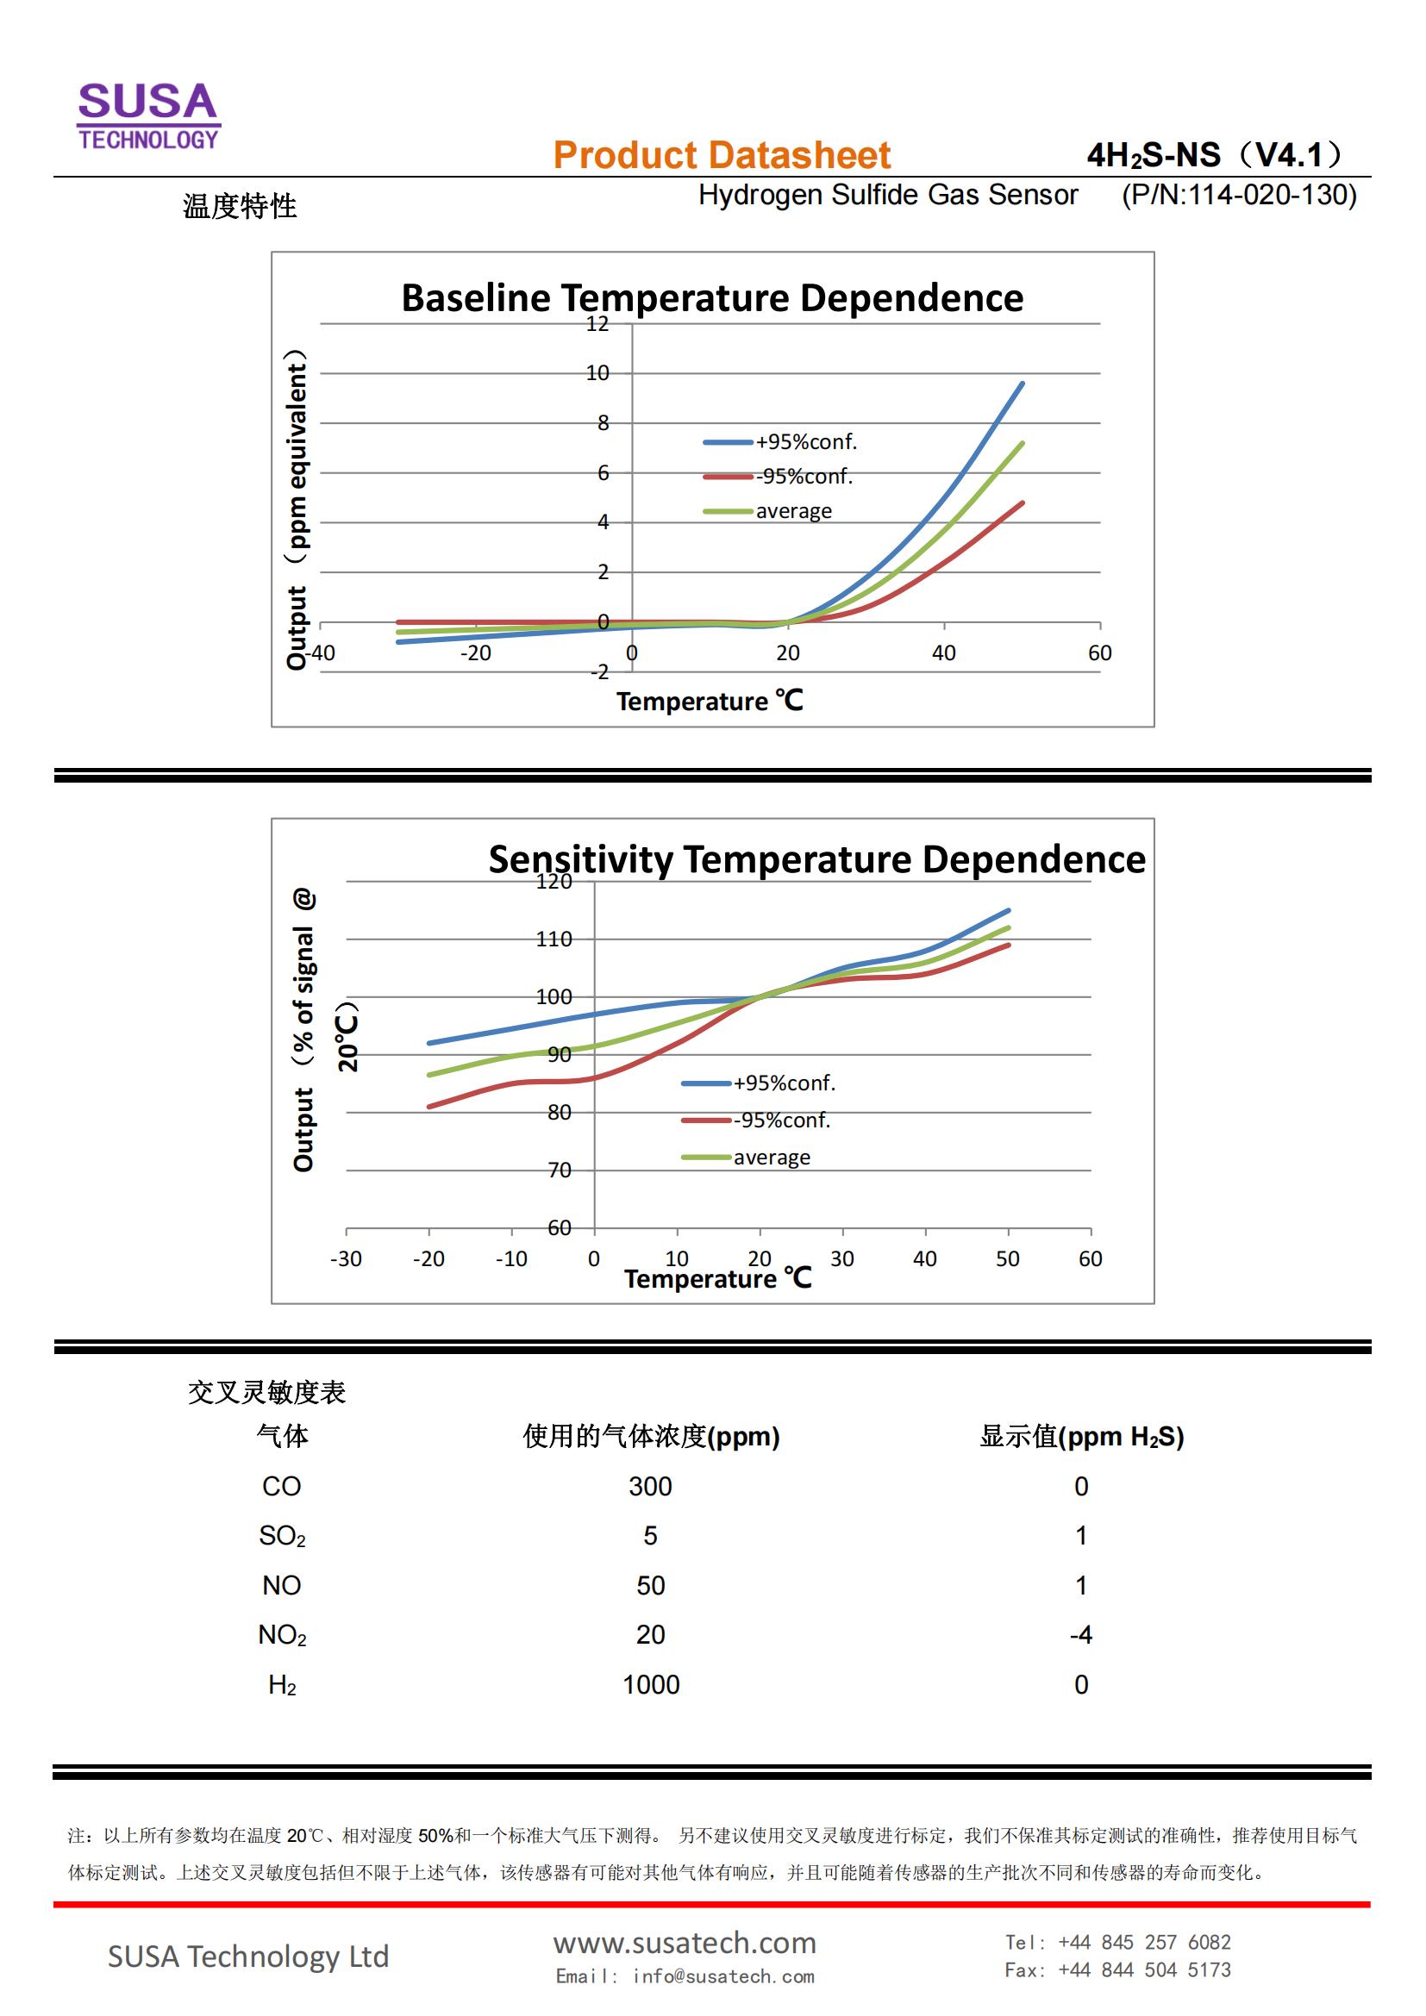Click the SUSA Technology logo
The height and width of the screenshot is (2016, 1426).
pos(148,115)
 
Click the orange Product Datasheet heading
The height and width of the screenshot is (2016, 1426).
pos(721,155)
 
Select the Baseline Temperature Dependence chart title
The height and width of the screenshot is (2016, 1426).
pos(711,297)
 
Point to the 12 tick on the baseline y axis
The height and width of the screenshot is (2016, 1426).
pos(597,324)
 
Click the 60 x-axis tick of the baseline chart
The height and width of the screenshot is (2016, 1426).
pos(1099,652)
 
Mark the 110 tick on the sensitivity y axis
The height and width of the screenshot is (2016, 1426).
pos(554,939)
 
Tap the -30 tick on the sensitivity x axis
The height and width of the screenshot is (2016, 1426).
pos(346,1258)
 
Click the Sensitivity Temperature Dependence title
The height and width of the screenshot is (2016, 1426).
pos(816,858)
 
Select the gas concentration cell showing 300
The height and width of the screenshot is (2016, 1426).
pos(650,1486)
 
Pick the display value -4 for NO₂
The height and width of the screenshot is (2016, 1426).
pos(1081,1634)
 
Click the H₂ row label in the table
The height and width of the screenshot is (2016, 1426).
pos(282,1684)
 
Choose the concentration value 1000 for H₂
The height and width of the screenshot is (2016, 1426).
pos(651,1684)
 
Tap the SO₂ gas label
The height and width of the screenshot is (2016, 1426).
pos(282,1535)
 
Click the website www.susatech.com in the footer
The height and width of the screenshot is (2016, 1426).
pos(684,1942)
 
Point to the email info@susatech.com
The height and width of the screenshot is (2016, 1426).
pos(684,1975)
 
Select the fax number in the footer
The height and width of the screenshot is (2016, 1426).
pos(1116,1969)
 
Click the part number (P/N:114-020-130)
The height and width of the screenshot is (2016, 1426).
pos(1238,195)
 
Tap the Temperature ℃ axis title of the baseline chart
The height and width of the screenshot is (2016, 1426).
pos(709,701)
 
